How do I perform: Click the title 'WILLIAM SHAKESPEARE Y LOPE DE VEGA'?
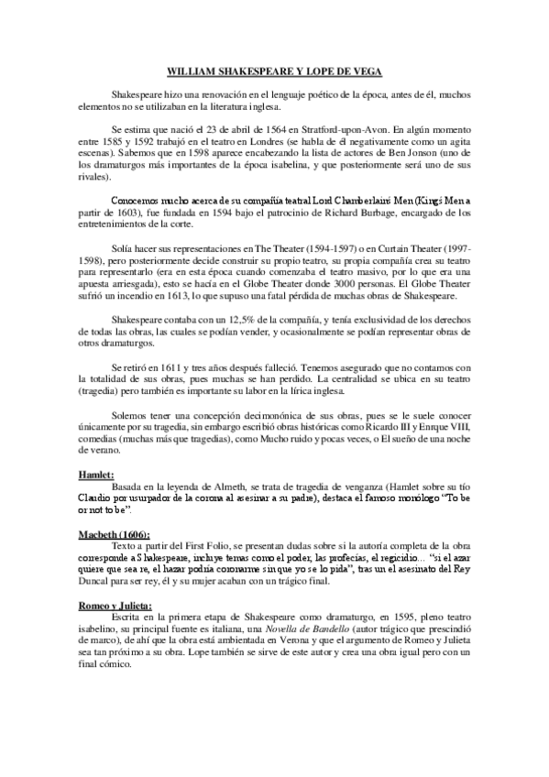tap(274, 71)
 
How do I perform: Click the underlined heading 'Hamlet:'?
tap(94, 475)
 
